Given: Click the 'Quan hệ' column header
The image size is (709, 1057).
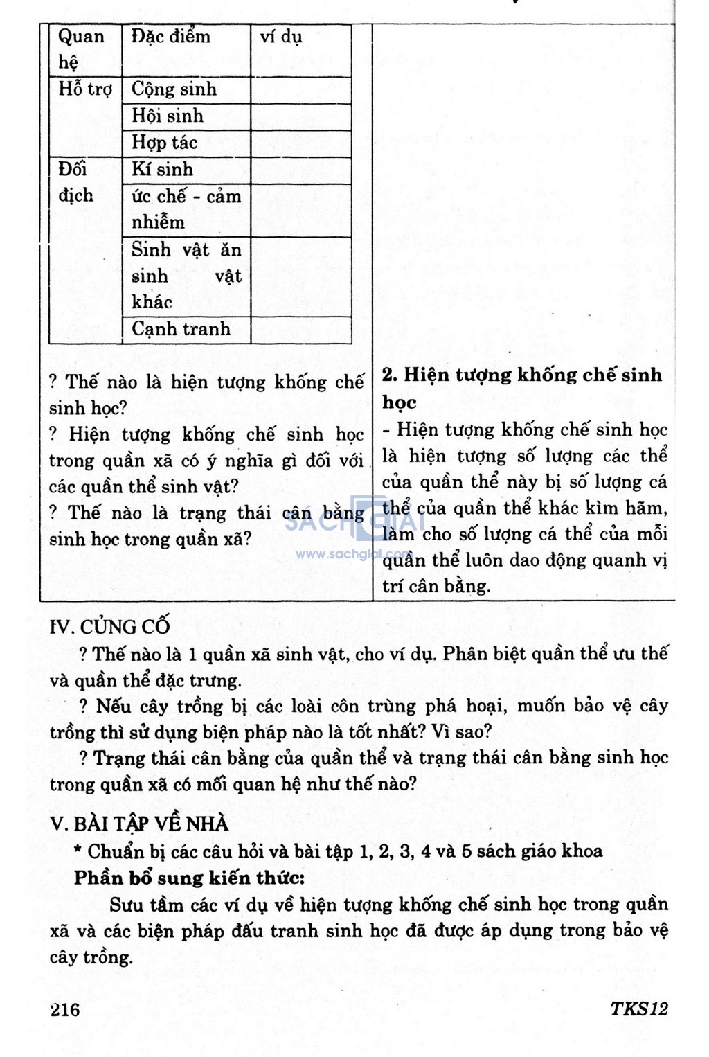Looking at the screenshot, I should coord(81,49).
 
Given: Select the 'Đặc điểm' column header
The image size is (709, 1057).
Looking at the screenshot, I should coord(171,37).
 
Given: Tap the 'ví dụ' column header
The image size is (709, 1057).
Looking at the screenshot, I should coord(281,37).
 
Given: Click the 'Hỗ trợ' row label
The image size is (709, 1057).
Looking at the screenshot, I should coord(85,89).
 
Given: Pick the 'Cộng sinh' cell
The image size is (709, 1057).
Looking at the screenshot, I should coord(174,89).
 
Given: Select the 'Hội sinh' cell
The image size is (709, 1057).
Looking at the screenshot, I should coord(168,116).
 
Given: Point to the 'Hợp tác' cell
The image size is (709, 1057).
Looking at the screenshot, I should coord(165,143).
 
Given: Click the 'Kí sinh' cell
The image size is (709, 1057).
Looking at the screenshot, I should coord(163,170).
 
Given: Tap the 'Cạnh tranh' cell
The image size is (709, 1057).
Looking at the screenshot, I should coord(181,329).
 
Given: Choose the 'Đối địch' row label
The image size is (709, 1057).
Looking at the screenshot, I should coord(76,182).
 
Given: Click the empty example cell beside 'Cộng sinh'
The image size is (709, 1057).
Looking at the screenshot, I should coord(300,90).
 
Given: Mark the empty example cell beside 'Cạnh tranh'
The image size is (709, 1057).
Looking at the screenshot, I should coord(300,330).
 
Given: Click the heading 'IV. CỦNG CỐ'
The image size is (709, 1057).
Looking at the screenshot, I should coord(110,627).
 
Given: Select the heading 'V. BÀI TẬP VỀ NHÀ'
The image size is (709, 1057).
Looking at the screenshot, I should coord(139,824).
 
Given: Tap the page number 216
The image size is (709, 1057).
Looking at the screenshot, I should coord(66,1009).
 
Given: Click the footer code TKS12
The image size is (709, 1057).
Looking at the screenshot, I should coord(638,1009).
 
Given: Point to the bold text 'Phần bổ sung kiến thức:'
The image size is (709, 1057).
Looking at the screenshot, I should coord(189,878).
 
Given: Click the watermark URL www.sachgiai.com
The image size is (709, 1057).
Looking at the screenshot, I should coord(352,554).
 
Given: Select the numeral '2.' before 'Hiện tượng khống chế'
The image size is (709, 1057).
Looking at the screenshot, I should coord(390,375).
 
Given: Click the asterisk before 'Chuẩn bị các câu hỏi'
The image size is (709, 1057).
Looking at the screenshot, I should coord(78,851).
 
